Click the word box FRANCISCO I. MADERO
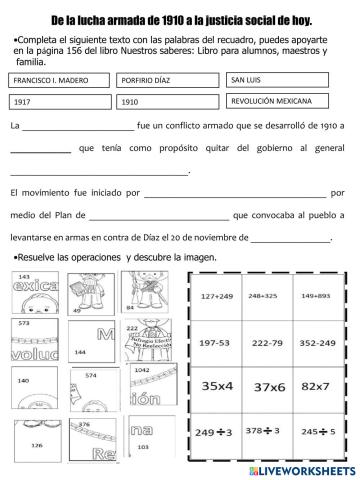click(59, 80)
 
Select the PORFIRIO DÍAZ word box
click(167, 80)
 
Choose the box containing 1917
click(59, 102)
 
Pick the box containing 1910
click(167, 102)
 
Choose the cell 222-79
click(263, 341)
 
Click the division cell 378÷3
click(263, 434)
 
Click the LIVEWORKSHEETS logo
click(300, 470)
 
